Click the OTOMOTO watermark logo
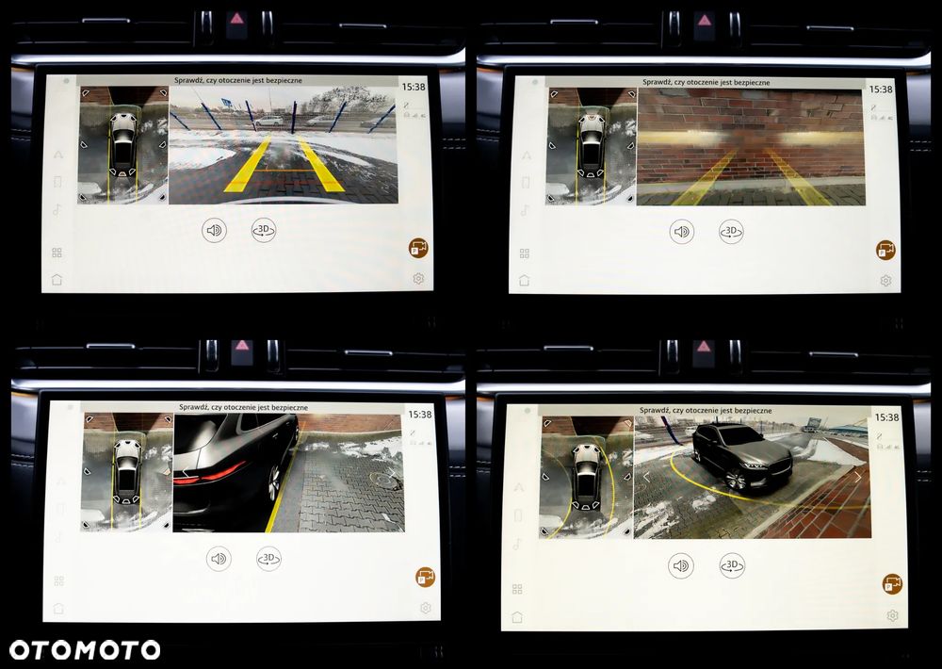coord(85,650)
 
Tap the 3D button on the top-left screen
coord(264,230)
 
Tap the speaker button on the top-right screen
coord(682,232)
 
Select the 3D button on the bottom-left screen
coord(268,559)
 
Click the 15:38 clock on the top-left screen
coord(414,87)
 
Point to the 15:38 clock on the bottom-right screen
coord(886,417)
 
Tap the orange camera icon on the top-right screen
coord(885,250)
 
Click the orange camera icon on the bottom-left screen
coord(426,577)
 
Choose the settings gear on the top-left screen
coord(419,279)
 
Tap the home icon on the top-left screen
coord(57,280)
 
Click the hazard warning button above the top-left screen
coord(236,21)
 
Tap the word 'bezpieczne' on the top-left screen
coord(284,80)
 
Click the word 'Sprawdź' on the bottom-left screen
coord(192,407)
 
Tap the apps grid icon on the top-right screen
coord(525,253)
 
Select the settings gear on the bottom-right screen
coord(892,615)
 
